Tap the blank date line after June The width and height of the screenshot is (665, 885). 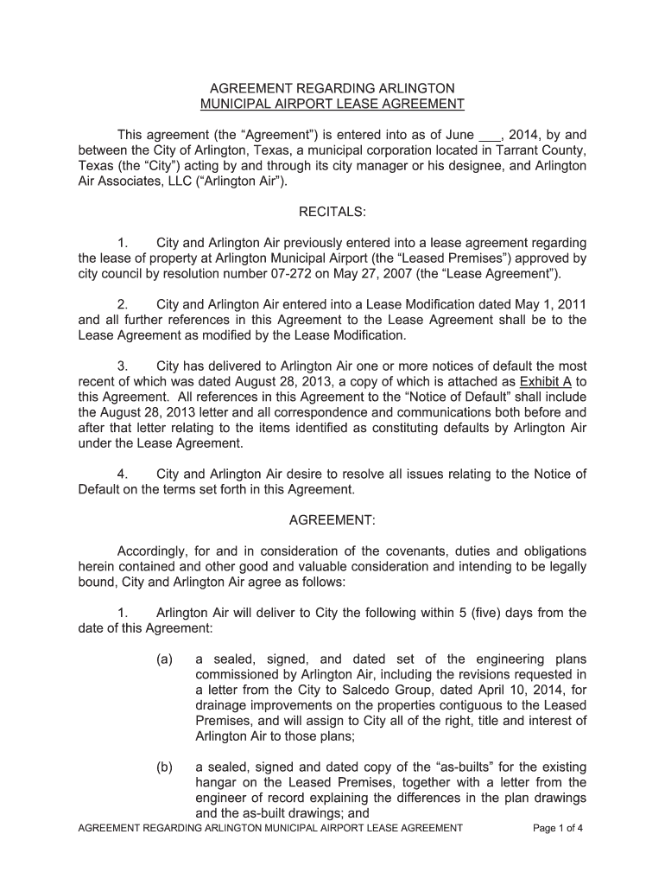tap(489, 136)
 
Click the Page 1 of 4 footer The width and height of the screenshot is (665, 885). tap(558, 828)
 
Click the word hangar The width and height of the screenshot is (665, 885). tap(218, 782)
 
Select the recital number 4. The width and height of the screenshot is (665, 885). tap(123, 474)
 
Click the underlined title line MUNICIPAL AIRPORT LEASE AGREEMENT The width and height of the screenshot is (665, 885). tap(332, 105)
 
